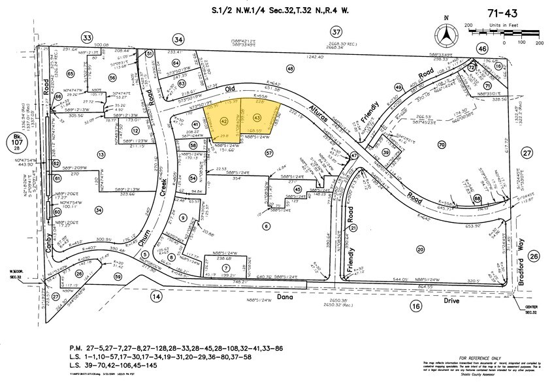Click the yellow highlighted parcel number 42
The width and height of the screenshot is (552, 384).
(x=224, y=121)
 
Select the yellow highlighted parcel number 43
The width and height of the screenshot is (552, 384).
(x=256, y=118)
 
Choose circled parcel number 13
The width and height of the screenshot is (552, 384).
(x=101, y=154)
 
